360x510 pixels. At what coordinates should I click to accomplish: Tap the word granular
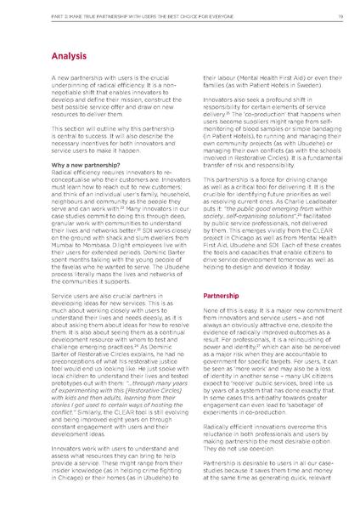(61, 205)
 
